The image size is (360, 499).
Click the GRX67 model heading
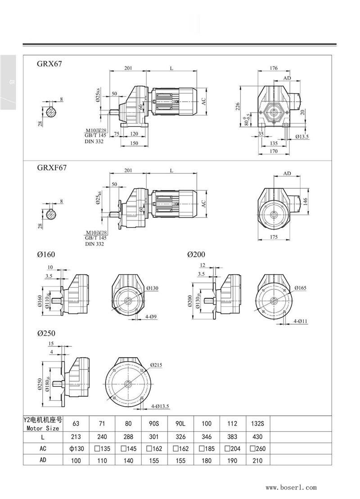click(x=49, y=64)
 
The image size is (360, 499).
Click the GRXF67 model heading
click(x=52, y=168)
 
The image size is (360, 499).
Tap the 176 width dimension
click(x=274, y=68)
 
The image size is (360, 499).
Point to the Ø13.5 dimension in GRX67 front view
click(x=302, y=136)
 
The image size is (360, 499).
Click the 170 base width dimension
click(x=274, y=152)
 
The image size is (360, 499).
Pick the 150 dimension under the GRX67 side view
click(x=135, y=143)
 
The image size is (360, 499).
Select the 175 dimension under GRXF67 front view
click(x=273, y=236)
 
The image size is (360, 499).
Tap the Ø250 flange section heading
click(x=46, y=334)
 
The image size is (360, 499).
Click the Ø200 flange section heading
click(x=196, y=254)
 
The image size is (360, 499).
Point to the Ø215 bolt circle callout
click(x=156, y=365)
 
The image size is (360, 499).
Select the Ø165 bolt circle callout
click(x=301, y=287)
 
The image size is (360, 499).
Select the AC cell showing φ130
click(x=76, y=449)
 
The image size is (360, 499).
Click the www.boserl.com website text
click(x=291, y=487)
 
